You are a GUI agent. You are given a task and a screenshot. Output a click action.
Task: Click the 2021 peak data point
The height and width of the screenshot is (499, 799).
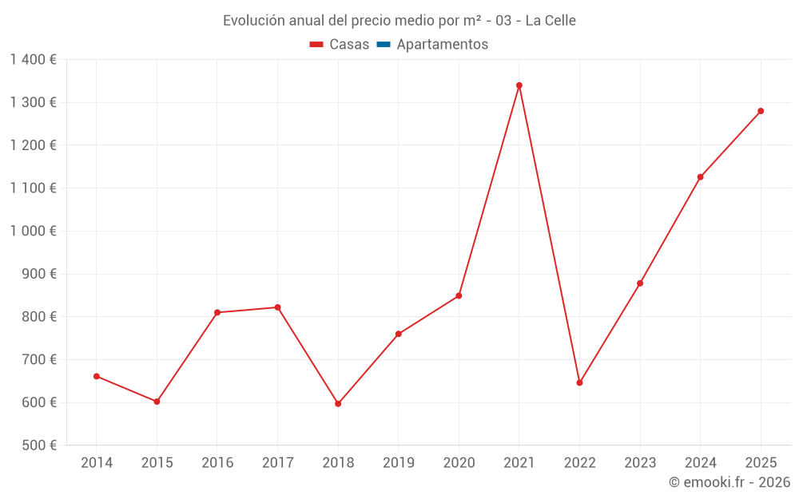pyautogui.click(x=519, y=85)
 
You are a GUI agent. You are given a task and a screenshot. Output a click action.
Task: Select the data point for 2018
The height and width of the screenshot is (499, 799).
pyautogui.click(x=338, y=404)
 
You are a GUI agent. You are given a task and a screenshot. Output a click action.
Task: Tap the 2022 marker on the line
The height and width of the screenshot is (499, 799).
pyautogui.click(x=579, y=382)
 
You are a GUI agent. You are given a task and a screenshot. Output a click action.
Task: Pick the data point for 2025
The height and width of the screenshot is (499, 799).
pyautogui.click(x=761, y=111)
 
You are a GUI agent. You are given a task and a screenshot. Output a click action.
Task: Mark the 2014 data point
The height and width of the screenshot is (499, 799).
pyautogui.click(x=97, y=376)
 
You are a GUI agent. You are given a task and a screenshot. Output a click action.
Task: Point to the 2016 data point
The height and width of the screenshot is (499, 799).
pyautogui.click(x=217, y=312)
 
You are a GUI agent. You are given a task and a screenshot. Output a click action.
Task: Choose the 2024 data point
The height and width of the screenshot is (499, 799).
pyautogui.click(x=700, y=177)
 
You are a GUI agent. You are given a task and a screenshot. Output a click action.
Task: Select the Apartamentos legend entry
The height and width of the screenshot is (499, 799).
pyautogui.click(x=442, y=45)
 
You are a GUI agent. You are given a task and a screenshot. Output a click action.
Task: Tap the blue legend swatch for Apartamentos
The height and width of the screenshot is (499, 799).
pyautogui.click(x=384, y=45)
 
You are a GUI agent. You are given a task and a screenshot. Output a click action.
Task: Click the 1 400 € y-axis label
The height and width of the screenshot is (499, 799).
pyautogui.click(x=33, y=60)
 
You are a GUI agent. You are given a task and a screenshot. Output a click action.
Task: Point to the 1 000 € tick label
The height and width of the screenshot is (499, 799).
pyautogui.click(x=33, y=231)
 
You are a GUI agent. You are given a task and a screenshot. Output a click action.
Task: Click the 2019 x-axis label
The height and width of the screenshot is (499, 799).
pyautogui.click(x=399, y=463)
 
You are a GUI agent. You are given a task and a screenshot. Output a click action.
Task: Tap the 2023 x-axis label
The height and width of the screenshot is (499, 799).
pyautogui.click(x=640, y=463)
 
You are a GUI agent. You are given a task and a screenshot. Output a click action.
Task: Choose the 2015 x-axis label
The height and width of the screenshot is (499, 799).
pyautogui.click(x=157, y=463)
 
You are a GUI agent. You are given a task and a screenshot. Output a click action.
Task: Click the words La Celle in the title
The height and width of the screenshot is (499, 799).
pyautogui.click(x=551, y=21)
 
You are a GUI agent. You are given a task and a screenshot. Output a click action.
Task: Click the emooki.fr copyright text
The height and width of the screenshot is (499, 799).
pyautogui.click(x=729, y=482)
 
